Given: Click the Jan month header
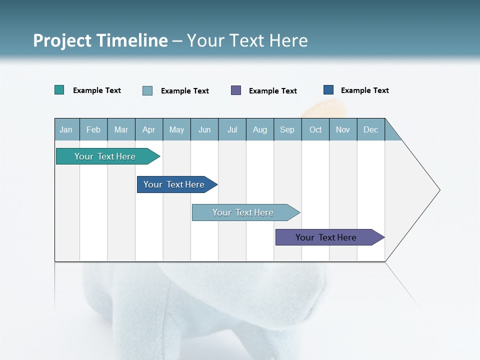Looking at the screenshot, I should point(66,130).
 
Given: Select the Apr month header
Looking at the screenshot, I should point(149,130).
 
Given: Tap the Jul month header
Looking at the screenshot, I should point(232,130).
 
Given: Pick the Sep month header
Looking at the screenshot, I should point(287,130).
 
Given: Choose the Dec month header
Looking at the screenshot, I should point(370,130).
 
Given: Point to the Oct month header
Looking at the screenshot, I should point(315,130).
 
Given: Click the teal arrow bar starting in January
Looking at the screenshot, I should point(105,156).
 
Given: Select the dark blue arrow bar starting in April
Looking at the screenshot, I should point(174,184).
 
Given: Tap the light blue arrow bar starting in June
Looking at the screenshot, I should point(243,212).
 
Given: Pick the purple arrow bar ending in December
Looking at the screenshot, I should point(326,237).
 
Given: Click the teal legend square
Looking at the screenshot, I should point(59,90).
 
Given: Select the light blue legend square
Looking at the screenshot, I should point(147,90).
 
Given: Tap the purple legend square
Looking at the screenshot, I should point(236,90).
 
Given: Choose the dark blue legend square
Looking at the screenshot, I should point(328,90).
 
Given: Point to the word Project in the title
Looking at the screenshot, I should point(61,40).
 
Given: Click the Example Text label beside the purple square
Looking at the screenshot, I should point(272,91).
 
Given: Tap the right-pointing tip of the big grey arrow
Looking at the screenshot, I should point(438,190).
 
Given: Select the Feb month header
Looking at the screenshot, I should point(93,130).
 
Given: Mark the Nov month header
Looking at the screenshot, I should point(343,130).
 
